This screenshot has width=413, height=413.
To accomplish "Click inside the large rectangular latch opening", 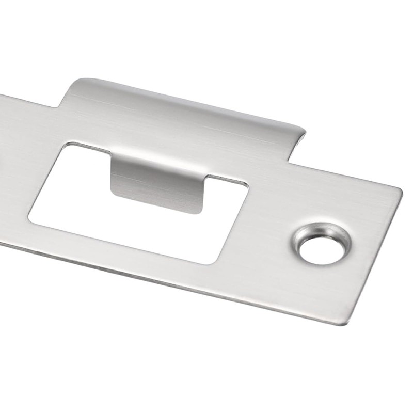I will coord(155,217).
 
